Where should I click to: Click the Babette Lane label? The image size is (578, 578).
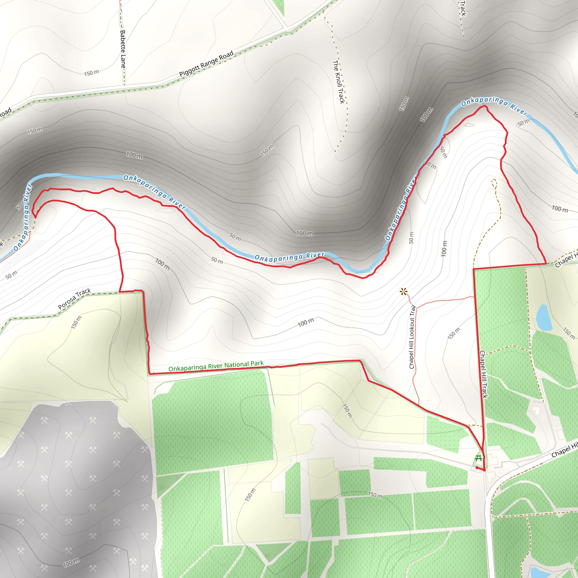(x=123, y=49)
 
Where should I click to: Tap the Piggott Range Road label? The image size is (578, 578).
(x=206, y=64)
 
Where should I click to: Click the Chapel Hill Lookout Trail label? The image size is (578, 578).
(x=413, y=337)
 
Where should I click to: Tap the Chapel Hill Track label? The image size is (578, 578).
(x=484, y=374)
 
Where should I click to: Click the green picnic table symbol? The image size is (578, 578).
(x=478, y=459)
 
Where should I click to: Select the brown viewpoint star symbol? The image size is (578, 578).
(x=404, y=291)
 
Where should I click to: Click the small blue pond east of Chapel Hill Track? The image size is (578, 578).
(x=543, y=318)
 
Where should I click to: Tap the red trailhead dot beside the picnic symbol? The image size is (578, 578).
(x=477, y=468)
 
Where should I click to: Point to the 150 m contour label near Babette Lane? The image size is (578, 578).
(x=91, y=73)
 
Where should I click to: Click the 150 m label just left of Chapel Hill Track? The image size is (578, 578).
(x=454, y=333)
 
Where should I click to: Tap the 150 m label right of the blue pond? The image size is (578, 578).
(x=569, y=333)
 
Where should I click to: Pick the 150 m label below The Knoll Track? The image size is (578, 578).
(x=266, y=150)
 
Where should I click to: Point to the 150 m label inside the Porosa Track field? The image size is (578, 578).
(x=76, y=322)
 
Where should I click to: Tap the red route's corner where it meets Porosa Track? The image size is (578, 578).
(x=120, y=291)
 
